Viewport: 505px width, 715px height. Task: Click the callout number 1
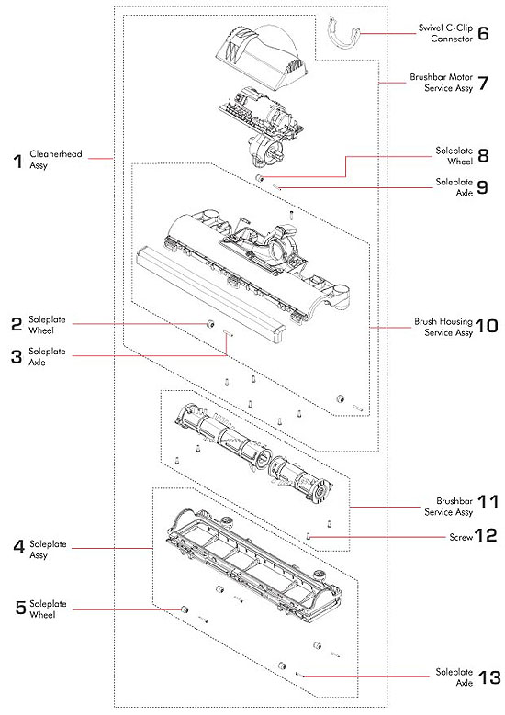click(x=17, y=162)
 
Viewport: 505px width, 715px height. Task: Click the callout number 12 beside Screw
click(x=485, y=537)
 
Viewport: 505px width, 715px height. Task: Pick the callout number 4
click(x=17, y=548)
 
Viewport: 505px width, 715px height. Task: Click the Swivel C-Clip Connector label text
click(x=446, y=35)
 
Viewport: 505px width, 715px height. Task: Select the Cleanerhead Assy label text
click(x=50, y=162)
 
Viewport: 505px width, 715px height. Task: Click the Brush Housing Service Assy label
click(x=443, y=327)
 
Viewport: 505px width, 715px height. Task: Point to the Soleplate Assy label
click(x=48, y=548)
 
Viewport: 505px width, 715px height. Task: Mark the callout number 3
click(x=17, y=357)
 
